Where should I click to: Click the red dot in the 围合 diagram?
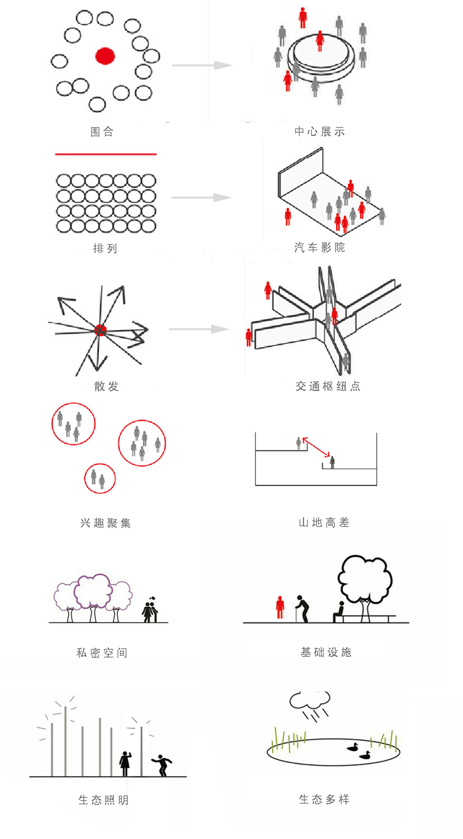pyautogui.click(x=105, y=56)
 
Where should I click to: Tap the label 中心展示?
pyautogui.click(x=320, y=131)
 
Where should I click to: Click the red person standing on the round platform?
pyautogui.click(x=320, y=41)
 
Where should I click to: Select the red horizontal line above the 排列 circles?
pyautogui.click(x=106, y=154)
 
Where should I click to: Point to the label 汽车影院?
pyautogui.click(x=320, y=248)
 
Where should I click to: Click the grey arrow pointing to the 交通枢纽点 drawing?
pyautogui.click(x=199, y=329)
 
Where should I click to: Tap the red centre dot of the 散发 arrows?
pyautogui.click(x=100, y=330)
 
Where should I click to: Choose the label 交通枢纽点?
pyautogui.click(x=328, y=386)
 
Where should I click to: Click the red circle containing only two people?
pyautogui.click(x=100, y=464)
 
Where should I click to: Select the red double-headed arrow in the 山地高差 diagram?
pyautogui.click(x=316, y=447)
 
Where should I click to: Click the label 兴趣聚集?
pyautogui.click(x=106, y=523)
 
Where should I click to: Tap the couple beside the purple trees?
pyautogui.click(x=150, y=610)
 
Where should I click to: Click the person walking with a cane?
pyautogui.click(x=302, y=609)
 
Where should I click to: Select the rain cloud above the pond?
pyautogui.click(x=309, y=700)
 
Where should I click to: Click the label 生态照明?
pyautogui.click(x=104, y=800)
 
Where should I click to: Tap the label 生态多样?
pyautogui.click(x=324, y=799)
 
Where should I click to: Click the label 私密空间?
pyautogui.click(x=102, y=653)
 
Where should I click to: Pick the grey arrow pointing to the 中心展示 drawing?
pyautogui.click(x=202, y=65)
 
